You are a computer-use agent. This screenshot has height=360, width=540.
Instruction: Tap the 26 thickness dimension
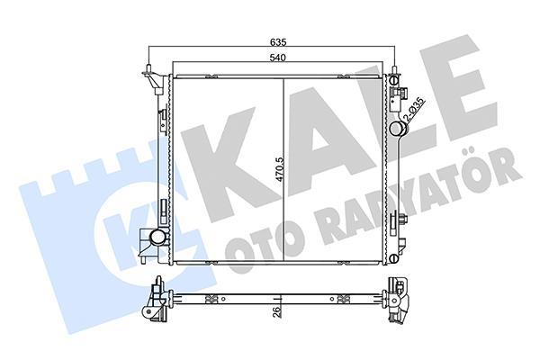coord(271,313)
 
